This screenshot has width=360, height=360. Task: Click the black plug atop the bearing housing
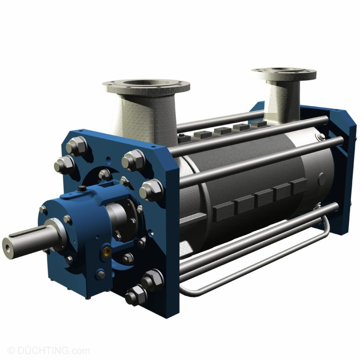(x=82, y=189)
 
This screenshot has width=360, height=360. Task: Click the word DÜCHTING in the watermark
(x=47, y=351)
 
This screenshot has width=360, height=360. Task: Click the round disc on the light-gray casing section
(x=321, y=178)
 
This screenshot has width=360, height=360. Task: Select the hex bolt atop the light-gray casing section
(x=320, y=136)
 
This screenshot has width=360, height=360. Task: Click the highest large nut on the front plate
(x=77, y=147)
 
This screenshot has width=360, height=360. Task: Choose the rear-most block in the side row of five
(x=299, y=187)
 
